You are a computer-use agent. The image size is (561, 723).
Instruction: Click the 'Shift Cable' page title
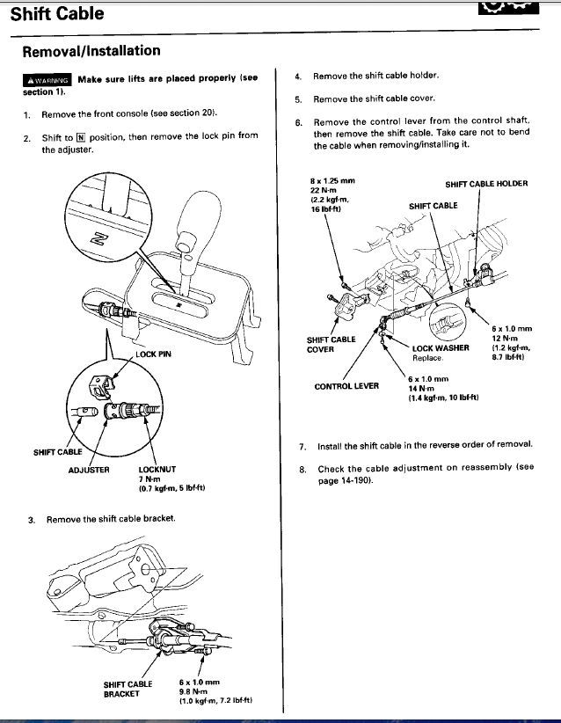pyautogui.click(x=57, y=14)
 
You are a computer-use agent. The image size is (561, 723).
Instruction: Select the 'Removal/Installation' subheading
pyautogui.click(x=91, y=51)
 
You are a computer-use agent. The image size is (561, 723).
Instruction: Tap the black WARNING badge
pyautogui.click(x=47, y=80)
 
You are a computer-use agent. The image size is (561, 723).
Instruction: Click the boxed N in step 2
pyautogui.click(x=81, y=137)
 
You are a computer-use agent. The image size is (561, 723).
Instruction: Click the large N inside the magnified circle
pyautogui.click(x=99, y=239)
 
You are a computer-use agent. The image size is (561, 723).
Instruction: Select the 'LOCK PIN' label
pyautogui.click(x=153, y=354)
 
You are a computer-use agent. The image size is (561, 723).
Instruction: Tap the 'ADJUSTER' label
pyautogui.click(x=89, y=470)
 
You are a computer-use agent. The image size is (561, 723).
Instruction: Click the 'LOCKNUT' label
pyautogui.click(x=157, y=470)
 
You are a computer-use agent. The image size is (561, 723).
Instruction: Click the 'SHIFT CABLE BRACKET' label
pyautogui.click(x=127, y=689)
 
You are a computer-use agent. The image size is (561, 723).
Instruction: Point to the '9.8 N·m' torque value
pyautogui.click(x=193, y=691)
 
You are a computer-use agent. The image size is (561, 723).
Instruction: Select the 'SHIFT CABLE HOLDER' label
pyautogui.click(x=486, y=184)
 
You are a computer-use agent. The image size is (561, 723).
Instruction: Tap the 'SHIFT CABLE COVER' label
pyautogui.click(x=331, y=345)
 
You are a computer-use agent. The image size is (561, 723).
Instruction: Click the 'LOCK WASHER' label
pyautogui.click(x=441, y=348)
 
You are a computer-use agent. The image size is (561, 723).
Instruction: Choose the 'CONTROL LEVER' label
pyautogui.click(x=346, y=386)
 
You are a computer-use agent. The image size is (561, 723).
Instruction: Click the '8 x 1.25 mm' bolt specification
pyautogui.click(x=332, y=181)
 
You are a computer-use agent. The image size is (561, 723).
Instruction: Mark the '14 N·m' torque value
pyautogui.click(x=421, y=388)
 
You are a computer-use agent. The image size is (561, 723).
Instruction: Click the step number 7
pyautogui.click(x=302, y=446)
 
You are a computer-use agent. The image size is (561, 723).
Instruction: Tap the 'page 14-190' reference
pyautogui.click(x=346, y=480)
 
